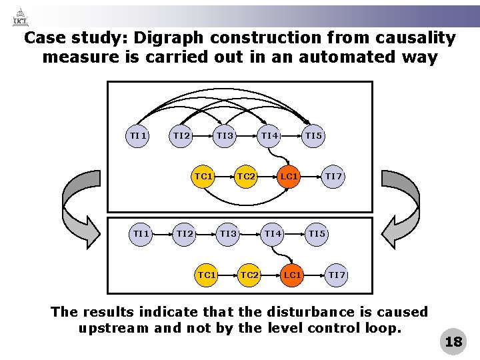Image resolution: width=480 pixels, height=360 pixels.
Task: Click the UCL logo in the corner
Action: click(20, 17)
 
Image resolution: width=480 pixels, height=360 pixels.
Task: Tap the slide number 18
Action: click(453, 342)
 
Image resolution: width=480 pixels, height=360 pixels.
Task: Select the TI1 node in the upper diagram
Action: click(138, 136)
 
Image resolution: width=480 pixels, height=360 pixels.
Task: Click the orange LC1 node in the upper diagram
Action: click(289, 177)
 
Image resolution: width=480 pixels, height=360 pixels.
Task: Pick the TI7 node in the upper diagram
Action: click(333, 177)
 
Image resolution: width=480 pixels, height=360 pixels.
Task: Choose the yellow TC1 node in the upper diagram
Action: click(203, 177)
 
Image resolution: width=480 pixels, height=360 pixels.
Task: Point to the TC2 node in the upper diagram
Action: click(246, 177)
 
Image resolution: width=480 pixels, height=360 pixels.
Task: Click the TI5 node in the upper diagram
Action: click(313, 136)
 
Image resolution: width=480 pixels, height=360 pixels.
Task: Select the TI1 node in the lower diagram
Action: click(141, 233)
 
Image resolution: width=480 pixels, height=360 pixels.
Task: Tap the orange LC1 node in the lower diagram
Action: click(292, 275)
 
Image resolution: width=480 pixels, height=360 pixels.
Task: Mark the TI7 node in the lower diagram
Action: click(337, 275)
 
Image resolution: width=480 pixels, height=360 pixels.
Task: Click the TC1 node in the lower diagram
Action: click(207, 275)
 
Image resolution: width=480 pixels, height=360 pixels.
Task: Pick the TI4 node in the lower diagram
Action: click(273, 233)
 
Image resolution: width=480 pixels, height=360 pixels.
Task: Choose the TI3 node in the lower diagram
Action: click(229, 233)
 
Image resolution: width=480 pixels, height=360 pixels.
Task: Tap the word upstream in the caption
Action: click(113, 328)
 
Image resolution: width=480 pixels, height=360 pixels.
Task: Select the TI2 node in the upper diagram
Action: click(181, 136)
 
